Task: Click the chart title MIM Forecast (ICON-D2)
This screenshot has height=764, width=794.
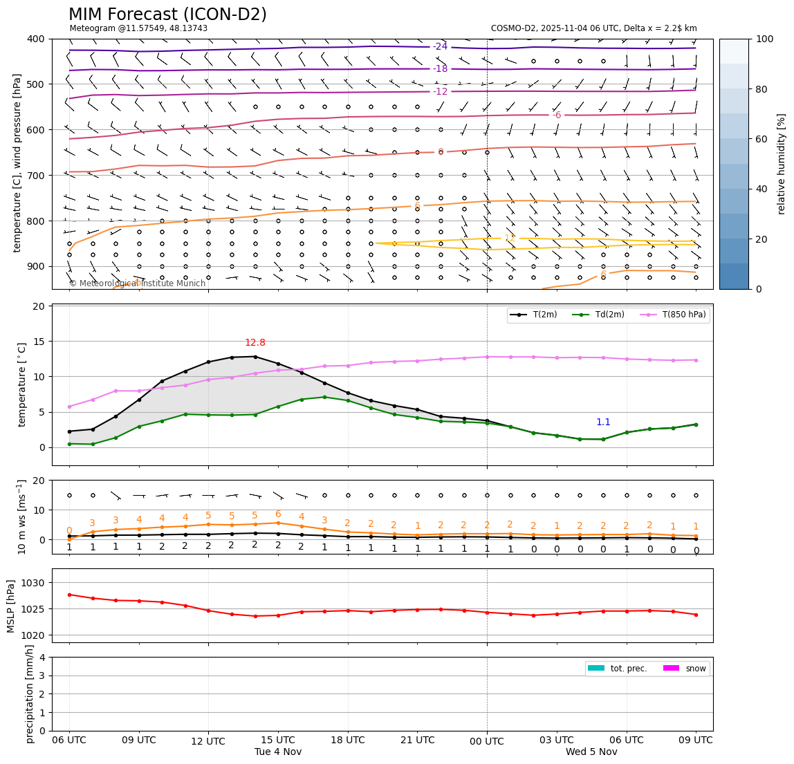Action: [x=167, y=15]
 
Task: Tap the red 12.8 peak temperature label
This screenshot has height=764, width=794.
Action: [x=255, y=343]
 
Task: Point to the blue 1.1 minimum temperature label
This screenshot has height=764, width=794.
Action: [x=603, y=422]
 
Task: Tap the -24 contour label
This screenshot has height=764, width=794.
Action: [x=440, y=47]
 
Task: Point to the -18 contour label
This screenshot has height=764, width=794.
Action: [x=440, y=69]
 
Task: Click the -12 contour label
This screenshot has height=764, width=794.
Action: [x=440, y=91]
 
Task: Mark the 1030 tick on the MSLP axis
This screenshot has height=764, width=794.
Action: [x=35, y=583]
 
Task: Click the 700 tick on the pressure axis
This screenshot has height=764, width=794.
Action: [x=35, y=175]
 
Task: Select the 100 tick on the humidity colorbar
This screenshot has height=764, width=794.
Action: [x=764, y=39]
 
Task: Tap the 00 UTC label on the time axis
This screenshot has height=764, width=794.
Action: [x=487, y=740]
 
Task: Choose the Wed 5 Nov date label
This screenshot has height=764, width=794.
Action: [x=591, y=752]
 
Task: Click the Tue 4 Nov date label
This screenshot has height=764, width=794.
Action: [x=278, y=752]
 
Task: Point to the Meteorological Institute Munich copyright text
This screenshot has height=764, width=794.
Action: [x=137, y=283]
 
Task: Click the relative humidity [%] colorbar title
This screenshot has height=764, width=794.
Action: [x=781, y=164]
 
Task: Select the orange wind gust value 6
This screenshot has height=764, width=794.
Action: [x=278, y=514]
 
